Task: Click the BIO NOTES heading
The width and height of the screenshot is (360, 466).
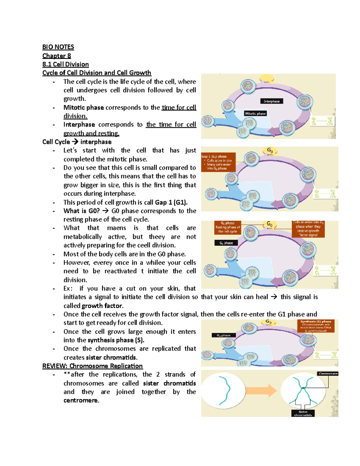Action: [x=58, y=47]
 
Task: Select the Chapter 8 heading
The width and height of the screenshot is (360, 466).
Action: [x=56, y=56]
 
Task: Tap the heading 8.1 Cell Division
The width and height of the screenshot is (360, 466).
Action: [x=65, y=64]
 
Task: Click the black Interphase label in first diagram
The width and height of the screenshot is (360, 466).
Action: [x=271, y=101]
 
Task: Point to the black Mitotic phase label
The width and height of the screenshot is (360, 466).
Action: [x=255, y=113]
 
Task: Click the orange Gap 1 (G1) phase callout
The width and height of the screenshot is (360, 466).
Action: [x=218, y=162]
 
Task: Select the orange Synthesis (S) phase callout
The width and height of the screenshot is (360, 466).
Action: [x=316, y=326]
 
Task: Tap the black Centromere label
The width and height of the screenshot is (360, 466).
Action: [x=328, y=374]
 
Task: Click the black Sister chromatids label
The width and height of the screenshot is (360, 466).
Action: [x=303, y=413]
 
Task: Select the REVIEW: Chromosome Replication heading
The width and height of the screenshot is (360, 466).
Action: [x=92, y=366]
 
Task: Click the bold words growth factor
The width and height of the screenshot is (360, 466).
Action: [x=102, y=306]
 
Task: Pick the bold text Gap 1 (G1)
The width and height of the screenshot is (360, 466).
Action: [x=171, y=202]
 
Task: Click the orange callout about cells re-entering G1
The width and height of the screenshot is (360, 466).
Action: [x=308, y=229]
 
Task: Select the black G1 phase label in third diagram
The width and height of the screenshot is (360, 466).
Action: [x=226, y=243]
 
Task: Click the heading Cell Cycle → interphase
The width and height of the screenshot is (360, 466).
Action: [x=77, y=142]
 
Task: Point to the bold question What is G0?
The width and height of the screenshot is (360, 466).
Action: [x=81, y=211]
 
